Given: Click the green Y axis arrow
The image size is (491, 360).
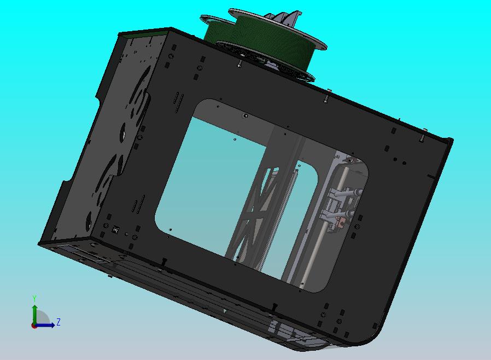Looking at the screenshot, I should point(34,313).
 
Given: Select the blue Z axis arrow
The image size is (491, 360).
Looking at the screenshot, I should point(46,325).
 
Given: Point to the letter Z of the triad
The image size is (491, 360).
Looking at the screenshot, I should point(59,322).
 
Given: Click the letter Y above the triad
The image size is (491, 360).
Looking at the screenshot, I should point(34,298).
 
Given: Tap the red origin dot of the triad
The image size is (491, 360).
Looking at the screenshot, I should point(34,325).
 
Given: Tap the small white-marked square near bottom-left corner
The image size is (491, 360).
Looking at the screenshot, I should point(115,230).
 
